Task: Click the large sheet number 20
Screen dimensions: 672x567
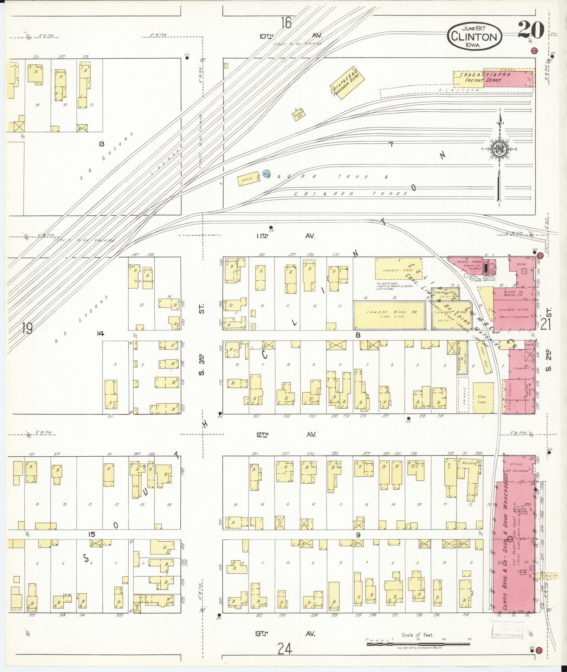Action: (530, 30)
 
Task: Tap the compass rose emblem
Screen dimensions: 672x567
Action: (499, 149)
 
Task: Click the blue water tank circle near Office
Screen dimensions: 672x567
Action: (266, 173)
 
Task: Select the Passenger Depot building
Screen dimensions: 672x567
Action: (346, 83)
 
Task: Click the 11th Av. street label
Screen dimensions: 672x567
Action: (285, 236)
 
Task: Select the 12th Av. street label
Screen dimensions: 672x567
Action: (285, 435)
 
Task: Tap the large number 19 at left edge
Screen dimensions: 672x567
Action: (27, 328)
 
